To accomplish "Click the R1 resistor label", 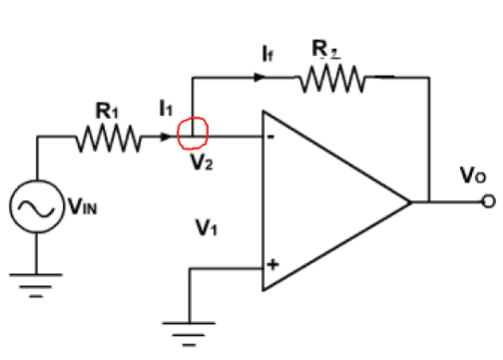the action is (x=107, y=111).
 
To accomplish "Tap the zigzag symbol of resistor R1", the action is (x=109, y=139).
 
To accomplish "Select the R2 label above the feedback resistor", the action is (x=324, y=49).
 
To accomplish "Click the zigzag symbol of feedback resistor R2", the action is (x=332, y=79).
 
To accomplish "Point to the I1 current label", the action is (x=166, y=109).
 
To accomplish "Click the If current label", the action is (x=268, y=54).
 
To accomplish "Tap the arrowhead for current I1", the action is (x=166, y=137).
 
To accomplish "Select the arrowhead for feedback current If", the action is (x=259, y=78).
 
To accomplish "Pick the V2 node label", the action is (x=202, y=163).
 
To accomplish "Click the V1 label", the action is (x=207, y=227).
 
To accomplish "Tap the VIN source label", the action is (x=83, y=206).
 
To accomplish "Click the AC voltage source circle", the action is (x=36, y=180).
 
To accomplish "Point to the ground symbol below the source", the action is (x=36, y=285).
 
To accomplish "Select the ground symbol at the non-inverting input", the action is (x=189, y=333).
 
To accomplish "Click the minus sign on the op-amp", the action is (x=271, y=137).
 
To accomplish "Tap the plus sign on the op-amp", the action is (x=272, y=264).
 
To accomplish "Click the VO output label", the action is (x=473, y=176).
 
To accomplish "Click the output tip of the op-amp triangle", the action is (x=411, y=201).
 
